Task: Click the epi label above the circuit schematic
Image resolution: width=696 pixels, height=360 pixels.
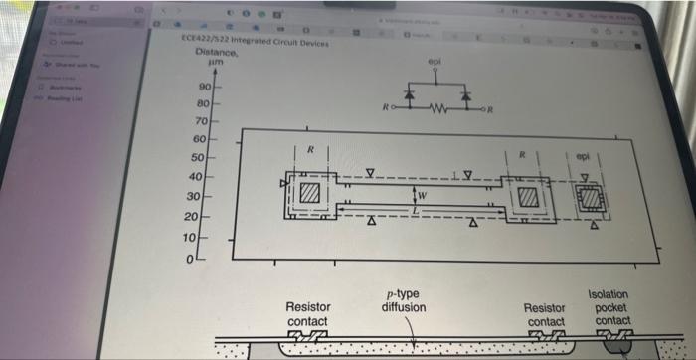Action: coord(434,61)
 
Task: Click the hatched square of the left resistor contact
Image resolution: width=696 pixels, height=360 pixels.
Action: coord(309,192)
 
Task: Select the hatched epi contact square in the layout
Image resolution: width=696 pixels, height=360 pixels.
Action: coord(591,198)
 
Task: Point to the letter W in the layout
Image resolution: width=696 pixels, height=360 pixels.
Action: coord(423,195)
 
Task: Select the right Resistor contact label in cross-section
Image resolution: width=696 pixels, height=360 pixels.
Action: coord(546,314)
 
